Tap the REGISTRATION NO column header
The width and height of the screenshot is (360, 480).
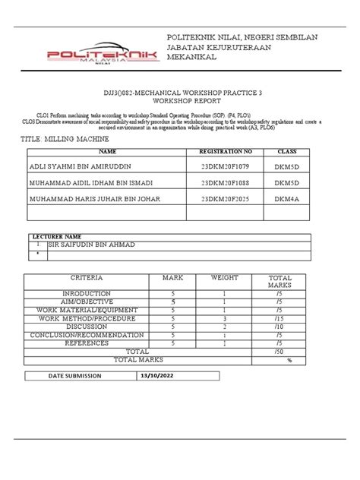coord(227,153)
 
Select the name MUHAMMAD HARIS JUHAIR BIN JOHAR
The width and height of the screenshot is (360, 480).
coord(96,199)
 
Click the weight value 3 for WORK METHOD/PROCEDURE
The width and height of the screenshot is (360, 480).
coord(224,318)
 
